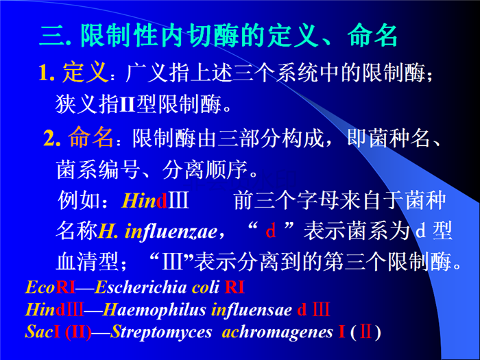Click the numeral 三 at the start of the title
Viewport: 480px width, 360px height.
52,36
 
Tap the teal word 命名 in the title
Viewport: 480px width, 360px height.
372,36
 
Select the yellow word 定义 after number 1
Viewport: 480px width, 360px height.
86,73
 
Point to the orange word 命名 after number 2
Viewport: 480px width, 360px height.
91,137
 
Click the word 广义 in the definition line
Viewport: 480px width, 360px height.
147,73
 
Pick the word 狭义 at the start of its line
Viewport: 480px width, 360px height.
77,104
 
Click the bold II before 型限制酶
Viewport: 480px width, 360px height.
127,104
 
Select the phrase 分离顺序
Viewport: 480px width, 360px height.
204,169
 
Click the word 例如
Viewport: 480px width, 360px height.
79,200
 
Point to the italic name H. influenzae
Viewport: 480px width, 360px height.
158,232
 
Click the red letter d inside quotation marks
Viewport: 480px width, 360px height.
271,230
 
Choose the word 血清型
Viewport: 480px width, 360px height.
88,261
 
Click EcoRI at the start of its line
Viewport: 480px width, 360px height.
50,287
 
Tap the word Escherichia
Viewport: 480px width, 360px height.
141,287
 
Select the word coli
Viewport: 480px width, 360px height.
206,287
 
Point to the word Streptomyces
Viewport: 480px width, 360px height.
161,333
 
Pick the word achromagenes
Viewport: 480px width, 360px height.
277,332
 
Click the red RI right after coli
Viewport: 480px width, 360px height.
235,287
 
